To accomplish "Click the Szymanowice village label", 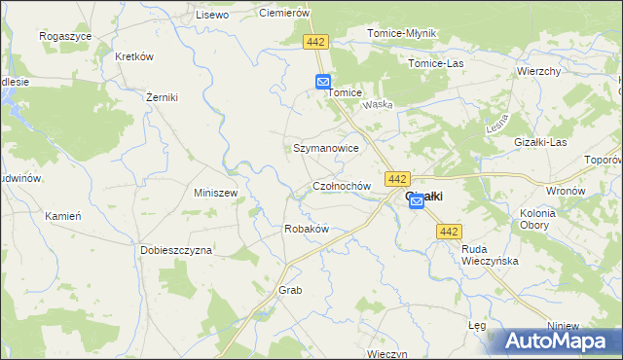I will pos(326,149).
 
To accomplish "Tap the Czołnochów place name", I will pos(341,186).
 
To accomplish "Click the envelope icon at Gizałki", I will pos(417,200).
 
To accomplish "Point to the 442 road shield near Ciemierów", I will pos(314,43).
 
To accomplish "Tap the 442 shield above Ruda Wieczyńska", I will pos(449,231).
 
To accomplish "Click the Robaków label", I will pos(306,229).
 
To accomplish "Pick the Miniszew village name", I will pos(216,193).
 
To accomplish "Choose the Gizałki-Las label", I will pos(540,142).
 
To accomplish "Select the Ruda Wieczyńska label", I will pos(490,255).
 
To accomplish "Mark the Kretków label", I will pos(134,56).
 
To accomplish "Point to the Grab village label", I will pos(291,290).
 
